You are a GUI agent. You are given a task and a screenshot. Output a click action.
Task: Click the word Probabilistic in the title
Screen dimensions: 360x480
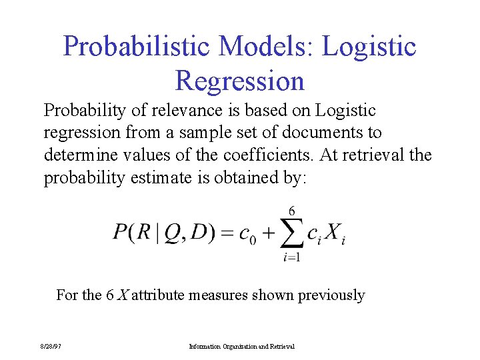[x=136, y=47]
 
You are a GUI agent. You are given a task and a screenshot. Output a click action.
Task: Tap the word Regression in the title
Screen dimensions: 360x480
[x=239, y=81]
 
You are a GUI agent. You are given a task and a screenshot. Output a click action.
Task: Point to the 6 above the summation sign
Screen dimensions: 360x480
[x=292, y=210]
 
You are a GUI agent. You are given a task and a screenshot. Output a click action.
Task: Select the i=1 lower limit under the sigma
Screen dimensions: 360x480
[x=291, y=257]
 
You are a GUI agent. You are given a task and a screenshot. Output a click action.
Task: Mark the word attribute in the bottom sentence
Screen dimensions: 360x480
[x=159, y=295]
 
